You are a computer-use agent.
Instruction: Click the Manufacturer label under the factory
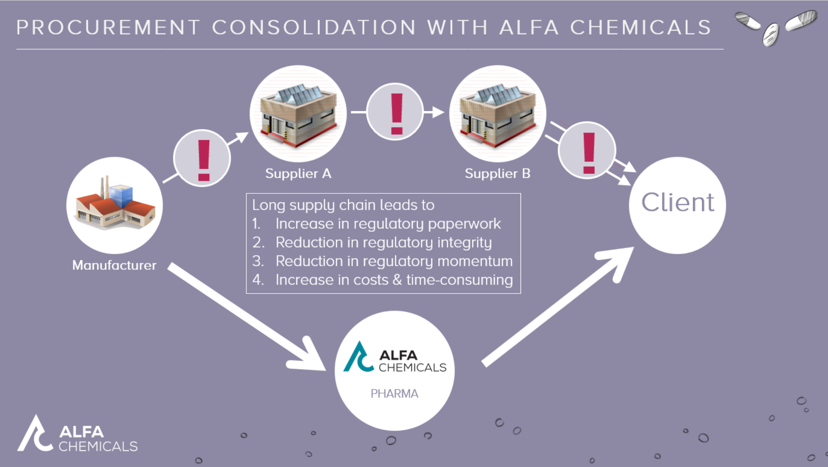[x=114, y=265]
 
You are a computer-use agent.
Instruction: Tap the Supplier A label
[x=298, y=174]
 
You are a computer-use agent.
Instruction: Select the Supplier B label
[x=497, y=174]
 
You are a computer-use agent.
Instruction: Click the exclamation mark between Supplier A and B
[x=396, y=113]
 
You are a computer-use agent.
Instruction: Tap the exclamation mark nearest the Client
[x=589, y=152]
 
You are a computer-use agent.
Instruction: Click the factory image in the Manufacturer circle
[x=115, y=203]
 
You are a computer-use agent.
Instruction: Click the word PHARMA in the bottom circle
[x=394, y=393]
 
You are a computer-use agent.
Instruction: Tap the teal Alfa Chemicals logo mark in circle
[x=358, y=357]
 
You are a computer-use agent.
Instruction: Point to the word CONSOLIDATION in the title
[x=314, y=28]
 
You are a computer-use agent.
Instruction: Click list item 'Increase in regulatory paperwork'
[x=388, y=224]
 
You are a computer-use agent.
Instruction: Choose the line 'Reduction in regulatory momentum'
[x=394, y=261]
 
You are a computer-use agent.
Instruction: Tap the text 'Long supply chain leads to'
[x=343, y=205]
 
